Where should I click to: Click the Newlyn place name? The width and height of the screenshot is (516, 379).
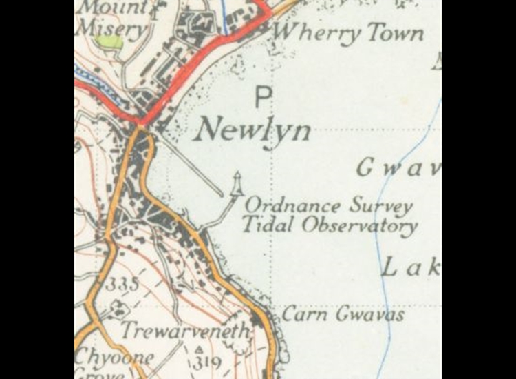coord(252,130)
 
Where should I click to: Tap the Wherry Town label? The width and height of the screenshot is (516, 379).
coord(348,32)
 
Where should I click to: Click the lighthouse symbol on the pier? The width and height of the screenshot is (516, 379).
coord(238,185)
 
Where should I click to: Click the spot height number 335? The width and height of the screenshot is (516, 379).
coord(123,284)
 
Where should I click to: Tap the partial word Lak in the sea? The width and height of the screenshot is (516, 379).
coord(410,267)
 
